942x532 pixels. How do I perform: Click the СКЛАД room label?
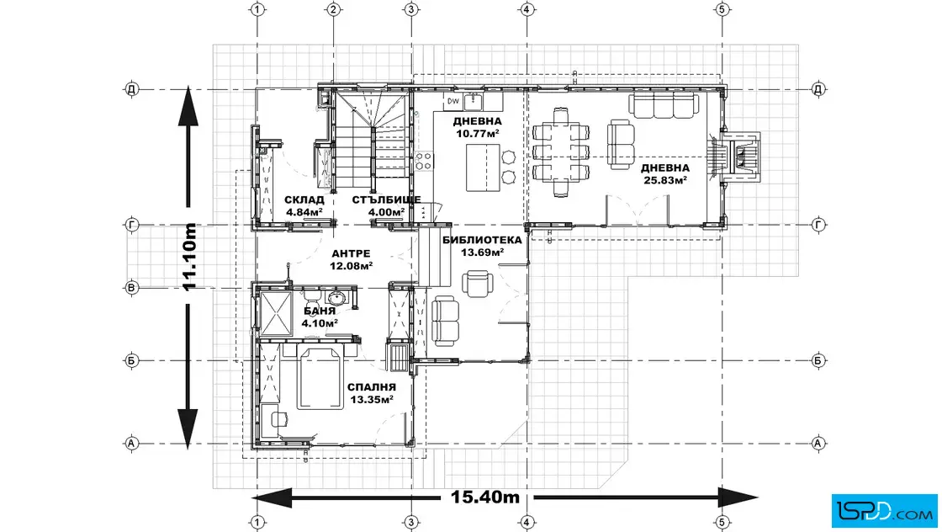point(304,199)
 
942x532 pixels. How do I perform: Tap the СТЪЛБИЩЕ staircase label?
point(386,199)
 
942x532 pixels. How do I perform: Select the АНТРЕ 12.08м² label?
point(351,260)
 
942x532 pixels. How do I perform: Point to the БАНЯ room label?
point(320,311)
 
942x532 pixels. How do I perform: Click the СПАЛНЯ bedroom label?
point(372,387)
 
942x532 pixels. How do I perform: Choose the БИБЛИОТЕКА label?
point(483,241)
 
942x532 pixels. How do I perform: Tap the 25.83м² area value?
point(665,180)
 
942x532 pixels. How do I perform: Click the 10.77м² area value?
point(478,134)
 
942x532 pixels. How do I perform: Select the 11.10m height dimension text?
point(190,257)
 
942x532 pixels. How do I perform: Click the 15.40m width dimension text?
point(485,497)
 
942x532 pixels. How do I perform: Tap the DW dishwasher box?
point(453,101)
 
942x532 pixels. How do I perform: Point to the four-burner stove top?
point(424,161)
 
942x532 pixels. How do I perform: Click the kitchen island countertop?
point(483,168)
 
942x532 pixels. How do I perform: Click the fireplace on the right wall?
point(739,157)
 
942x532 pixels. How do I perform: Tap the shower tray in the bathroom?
point(274,313)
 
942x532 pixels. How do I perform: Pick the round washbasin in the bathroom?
point(336,297)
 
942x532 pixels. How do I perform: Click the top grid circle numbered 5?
point(722,9)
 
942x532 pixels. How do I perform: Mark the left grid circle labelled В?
point(131,287)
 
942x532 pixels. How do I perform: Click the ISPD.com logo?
point(884,511)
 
